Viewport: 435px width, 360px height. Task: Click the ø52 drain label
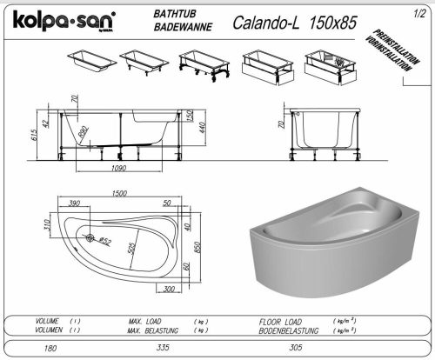click(x=105, y=241)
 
